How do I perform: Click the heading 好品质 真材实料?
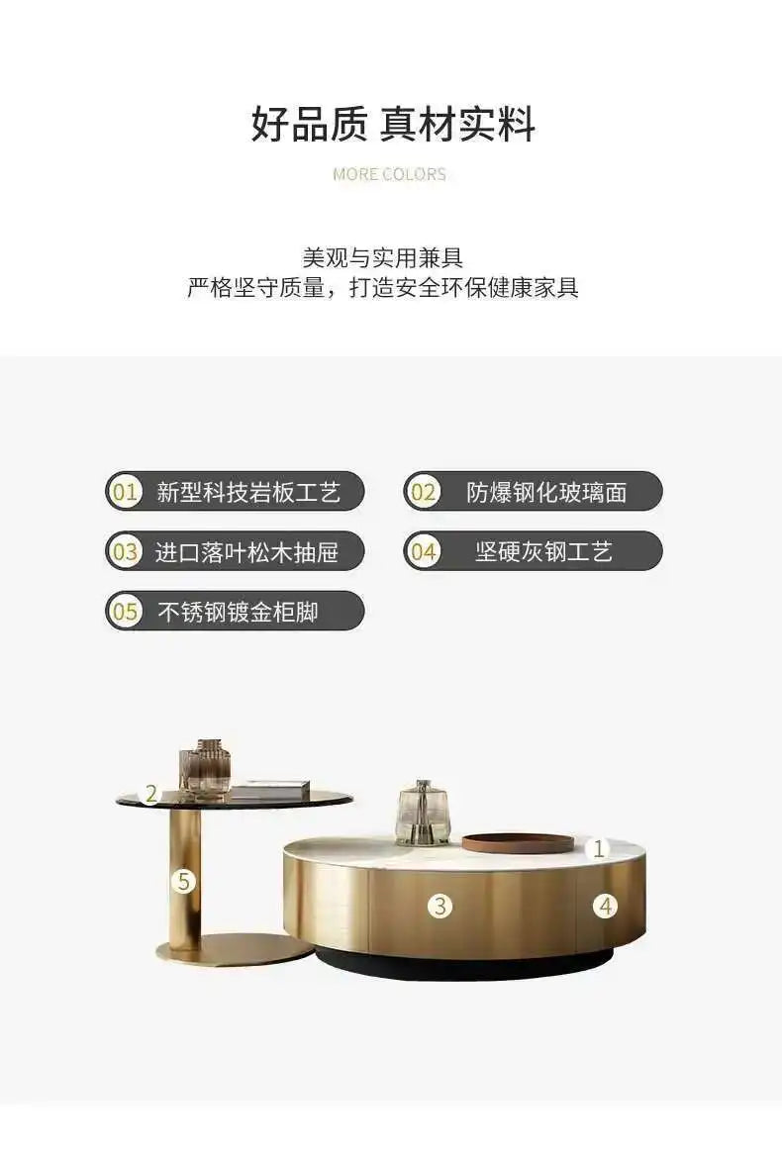(392, 126)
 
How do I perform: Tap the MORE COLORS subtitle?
(390, 174)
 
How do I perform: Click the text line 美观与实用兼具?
(382, 257)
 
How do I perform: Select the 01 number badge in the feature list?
(126, 492)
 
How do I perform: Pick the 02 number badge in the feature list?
(424, 492)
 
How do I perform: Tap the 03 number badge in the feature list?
(126, 551)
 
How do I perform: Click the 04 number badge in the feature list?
(424, 551)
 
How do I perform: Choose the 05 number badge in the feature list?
(126, 612)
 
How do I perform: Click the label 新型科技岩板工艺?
(248, 492)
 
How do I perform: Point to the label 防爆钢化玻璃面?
(546, 492)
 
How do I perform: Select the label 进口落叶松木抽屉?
(246, 551)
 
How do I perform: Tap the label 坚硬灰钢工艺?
(543, 551)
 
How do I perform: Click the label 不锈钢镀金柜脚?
(238, 612)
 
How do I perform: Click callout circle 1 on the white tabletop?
(598, 848)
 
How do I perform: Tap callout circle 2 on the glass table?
(151, 793)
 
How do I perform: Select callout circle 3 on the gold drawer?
(440, 905)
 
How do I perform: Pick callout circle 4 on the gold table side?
(606, 905)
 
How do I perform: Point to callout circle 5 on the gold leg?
(183, 880)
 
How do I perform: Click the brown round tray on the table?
(518, 842)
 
